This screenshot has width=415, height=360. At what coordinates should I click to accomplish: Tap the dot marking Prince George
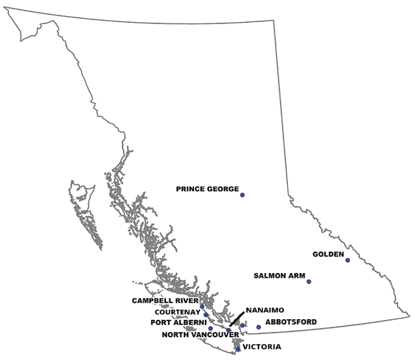242,195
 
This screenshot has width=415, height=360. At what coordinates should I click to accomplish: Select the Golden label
328,254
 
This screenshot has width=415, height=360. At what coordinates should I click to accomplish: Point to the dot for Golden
347,260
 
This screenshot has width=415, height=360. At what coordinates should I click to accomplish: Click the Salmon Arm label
280,276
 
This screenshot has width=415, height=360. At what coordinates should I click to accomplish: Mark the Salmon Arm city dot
309,282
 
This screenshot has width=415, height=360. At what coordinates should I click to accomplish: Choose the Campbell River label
165,301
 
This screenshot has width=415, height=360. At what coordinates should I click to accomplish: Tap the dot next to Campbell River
201,306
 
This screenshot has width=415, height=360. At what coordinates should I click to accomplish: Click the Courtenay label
177,312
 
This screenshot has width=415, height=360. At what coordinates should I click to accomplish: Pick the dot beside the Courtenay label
206,314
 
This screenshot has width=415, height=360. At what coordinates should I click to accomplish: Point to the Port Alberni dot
211,328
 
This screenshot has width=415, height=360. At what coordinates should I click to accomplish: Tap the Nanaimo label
266,311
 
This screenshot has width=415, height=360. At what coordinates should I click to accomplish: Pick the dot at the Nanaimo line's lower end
229,330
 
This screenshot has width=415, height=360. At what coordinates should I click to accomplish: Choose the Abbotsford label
291,323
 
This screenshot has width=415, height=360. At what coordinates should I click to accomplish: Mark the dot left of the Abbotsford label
258,327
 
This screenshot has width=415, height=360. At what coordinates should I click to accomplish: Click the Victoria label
262,347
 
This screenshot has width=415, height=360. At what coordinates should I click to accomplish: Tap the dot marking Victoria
238,349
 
